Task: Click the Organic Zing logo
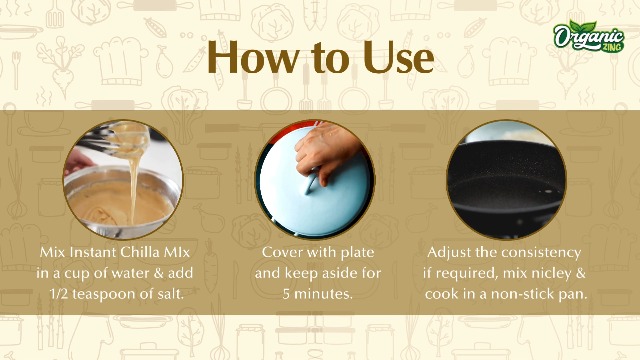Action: click(x=589, y=36)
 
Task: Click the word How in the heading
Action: click(x=253, y=58)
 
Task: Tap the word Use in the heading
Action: click(x=398, y=58)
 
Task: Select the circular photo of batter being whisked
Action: click(x=123, y=179)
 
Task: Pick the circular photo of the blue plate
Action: click(x=315, y=179)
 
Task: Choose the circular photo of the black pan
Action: click(x=506, y=179)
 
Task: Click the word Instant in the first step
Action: click(x=93, y=252)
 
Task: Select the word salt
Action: click(x=169, y=294)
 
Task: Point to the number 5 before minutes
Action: click(x=286, y=294)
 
